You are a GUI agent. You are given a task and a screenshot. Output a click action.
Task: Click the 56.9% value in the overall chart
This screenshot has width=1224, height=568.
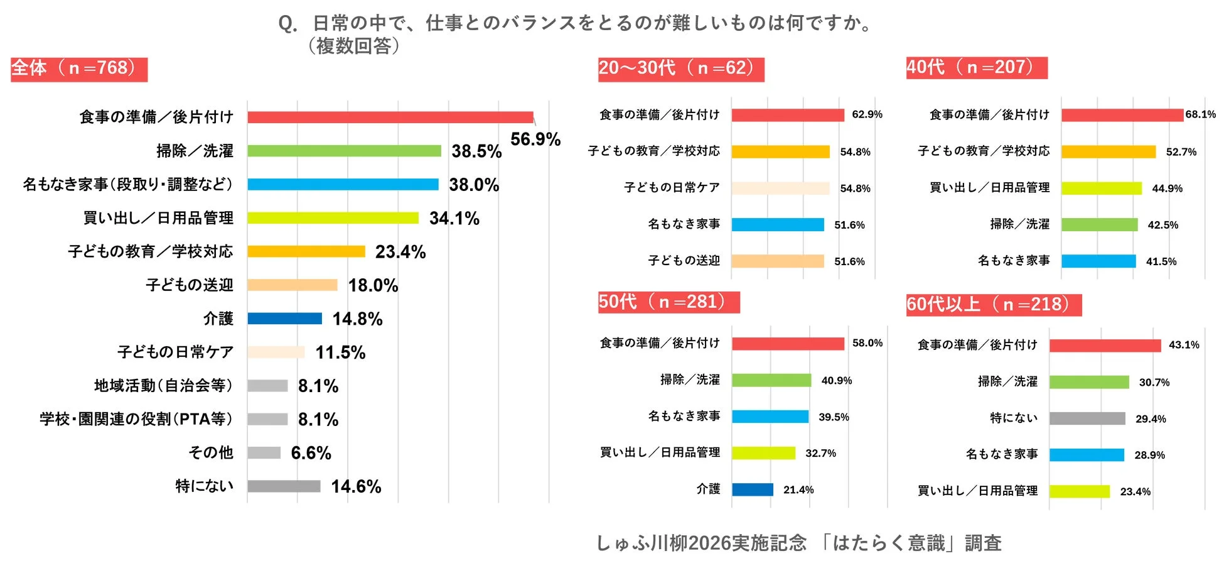pyautogui.click(x=535, y=139)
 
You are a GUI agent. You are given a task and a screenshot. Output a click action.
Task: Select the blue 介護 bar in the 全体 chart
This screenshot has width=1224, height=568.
pyautogui.click(x=284, y=319)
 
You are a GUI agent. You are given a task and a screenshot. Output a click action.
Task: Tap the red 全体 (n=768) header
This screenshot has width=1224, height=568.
pyautogui.click(x=79, y=68)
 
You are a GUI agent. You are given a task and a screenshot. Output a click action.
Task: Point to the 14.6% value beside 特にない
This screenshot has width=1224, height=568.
pyautogui.click(x=356, y=486)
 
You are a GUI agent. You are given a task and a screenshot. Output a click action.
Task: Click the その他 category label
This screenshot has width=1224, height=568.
pyautogui.click(x=211, y=452)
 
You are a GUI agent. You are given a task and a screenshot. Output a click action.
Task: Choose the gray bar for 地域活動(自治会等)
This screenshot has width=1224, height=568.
pyautogui.click(x=267, y=386)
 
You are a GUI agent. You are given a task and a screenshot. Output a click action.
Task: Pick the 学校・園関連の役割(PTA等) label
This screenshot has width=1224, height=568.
pyautogui.click(x=136, y=419)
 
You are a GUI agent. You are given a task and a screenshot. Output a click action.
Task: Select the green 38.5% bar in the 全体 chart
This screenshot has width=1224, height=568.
pyautogui.click(x=344, y=151)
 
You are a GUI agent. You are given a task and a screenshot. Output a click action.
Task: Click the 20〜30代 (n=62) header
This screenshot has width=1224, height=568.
pyautogui.click(x=680, y=68)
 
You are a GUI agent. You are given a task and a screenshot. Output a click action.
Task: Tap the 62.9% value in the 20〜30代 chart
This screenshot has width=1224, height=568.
pyautogui.click(x=867, y=114)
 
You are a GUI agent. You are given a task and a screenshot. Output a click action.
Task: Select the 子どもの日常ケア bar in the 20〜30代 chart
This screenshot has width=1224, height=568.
pyautogui.click(x=780, y=188)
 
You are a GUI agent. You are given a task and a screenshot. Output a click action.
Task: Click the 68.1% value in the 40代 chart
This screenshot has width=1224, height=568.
pyautogui.click(x=1200, y=114)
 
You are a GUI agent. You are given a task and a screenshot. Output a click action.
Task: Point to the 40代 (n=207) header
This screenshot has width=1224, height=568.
pyautogui.click(x=976, y=67)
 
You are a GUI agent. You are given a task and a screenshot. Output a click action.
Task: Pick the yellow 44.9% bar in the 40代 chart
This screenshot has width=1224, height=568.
pyautogui.click(x=1102, y=188)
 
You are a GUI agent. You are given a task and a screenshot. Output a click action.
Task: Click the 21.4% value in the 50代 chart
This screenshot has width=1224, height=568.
pyautogui.click(x=798, y=489)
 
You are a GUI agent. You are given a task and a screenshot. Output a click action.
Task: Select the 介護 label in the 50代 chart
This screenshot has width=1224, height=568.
pyautogui.click(x=708, y=489)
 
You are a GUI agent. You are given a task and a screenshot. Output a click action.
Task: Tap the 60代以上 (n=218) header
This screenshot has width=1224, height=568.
pyautogui.click(x=993, y=305)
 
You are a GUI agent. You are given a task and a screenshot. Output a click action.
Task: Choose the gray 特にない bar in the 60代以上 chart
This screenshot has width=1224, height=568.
pyautogui.click(x=1087, y=418)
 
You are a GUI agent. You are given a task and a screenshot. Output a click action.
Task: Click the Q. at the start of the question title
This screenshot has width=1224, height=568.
pyautogui.click(x=287, y=24)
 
